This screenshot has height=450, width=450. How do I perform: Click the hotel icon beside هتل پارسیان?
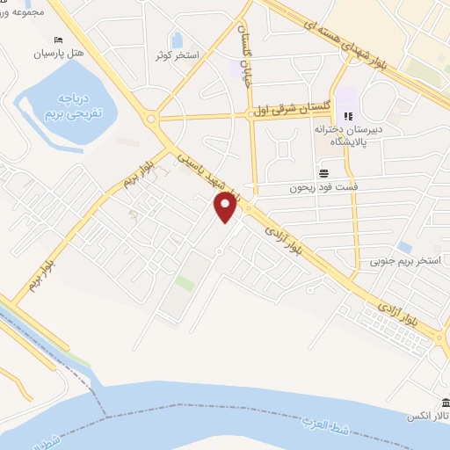click(59, 40)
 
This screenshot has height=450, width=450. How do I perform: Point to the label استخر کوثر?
click(177, 56)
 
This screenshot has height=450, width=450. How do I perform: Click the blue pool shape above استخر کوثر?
click(177, 40)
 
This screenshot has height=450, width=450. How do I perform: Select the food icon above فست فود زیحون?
click(323, 172)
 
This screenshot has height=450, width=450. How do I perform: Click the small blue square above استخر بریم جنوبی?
click(404, 247)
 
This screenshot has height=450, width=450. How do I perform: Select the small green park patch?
click(184, 283)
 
